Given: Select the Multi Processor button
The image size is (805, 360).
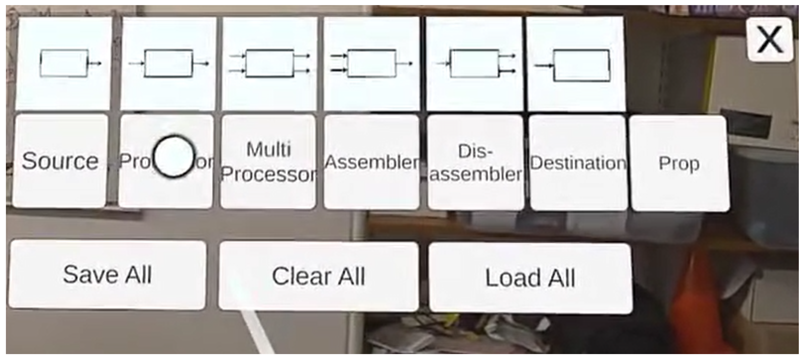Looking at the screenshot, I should click(268, 162).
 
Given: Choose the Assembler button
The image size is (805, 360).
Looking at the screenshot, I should click(371, 162).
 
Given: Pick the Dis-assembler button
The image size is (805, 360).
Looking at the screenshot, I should click(475, 162).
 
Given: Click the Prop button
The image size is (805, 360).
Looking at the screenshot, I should click(679, 163).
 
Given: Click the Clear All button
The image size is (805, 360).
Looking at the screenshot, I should click(318, 276).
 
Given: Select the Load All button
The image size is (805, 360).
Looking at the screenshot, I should click(530, 278).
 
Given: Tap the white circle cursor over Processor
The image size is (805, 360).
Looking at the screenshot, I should click(174, 156).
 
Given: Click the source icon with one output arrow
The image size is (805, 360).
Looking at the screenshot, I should click(63, 63).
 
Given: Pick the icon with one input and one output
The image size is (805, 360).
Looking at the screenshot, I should click(168, 63).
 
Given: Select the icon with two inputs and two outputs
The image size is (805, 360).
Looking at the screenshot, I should click(269, 63).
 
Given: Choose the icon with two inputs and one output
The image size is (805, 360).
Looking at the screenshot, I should click(371, 63).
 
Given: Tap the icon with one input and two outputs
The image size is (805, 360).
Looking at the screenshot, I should click(474, 63).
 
